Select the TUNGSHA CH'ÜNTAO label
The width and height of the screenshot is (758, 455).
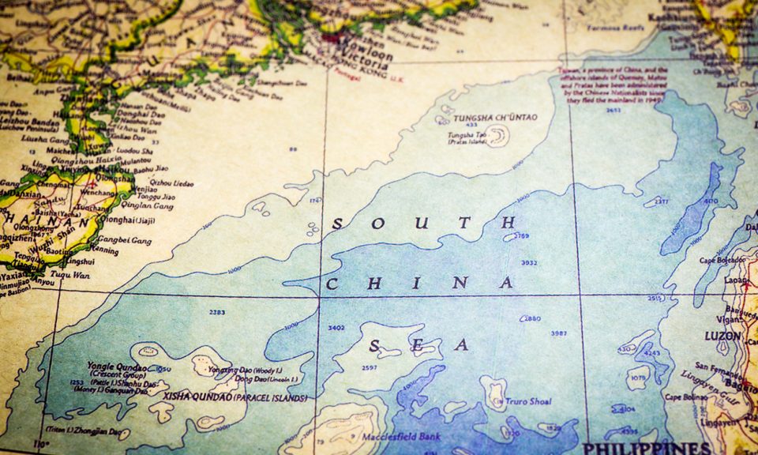[x=495, y=118]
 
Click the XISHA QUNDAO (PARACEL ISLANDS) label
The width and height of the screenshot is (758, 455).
[x=235, y=397]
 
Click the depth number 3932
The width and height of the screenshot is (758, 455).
[x=528, y=263]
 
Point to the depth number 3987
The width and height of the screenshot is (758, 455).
[x=558, y=333]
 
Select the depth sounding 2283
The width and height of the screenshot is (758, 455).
[x=217, y=312]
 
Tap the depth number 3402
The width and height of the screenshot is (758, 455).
[x=336, y=327]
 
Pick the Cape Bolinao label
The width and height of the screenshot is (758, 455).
[x=684, y=397]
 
